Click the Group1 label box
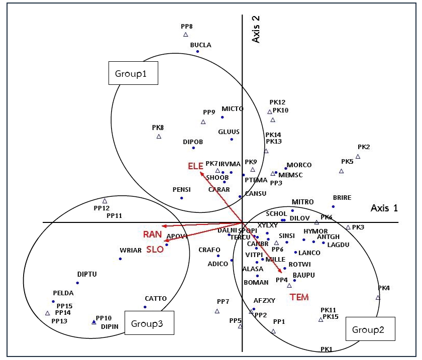tap(133, 73)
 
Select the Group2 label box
tap(369, 329)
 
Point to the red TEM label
tap(299, 297)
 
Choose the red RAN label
tap(152, 234)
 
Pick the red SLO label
tap(155, 249)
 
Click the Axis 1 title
tap(384, 208)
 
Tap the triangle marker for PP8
tap(185, 35)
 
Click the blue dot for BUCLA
tap(197, 51)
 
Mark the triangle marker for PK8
tap(159, 136)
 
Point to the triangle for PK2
tap(358, 156)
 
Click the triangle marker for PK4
tap(378, 297)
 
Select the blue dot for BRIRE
tap(333, 206)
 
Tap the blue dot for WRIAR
tap(120, 259)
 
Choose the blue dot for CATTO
tap(145, 307)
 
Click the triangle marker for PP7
tap(217, 311)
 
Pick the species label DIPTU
tap(87, 274)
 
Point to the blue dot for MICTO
tap(222, 117)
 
